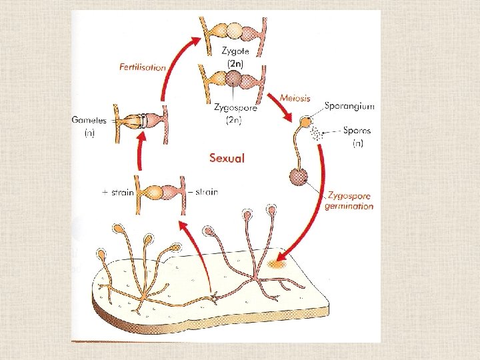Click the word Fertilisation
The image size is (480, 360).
(143, 67)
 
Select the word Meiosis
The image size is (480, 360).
(295, 97)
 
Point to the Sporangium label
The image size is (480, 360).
(350, 105)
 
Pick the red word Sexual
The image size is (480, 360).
(227, 158)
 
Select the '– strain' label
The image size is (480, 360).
(205, 192)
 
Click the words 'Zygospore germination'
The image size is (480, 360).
(349, 201)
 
